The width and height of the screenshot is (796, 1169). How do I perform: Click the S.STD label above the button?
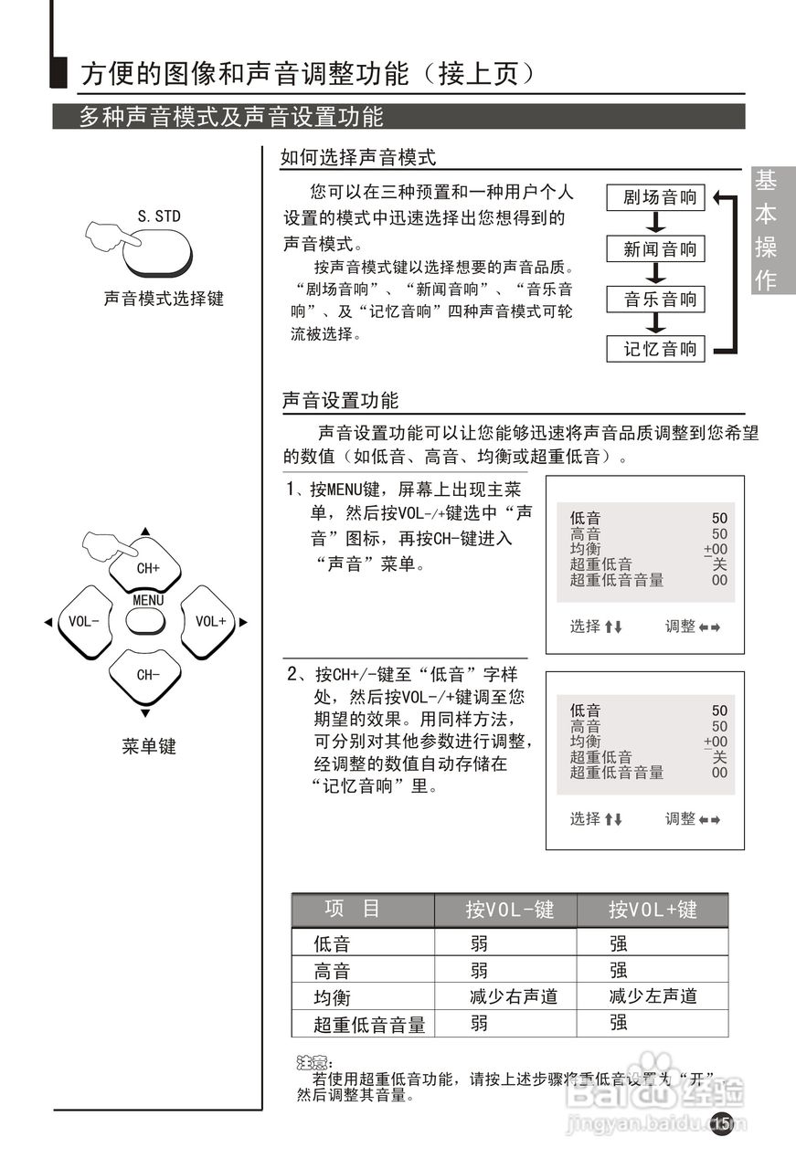click(159, 216)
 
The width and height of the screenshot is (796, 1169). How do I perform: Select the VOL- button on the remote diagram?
click(83, 621)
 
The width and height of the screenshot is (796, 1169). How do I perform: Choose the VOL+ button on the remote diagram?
click(210, 621)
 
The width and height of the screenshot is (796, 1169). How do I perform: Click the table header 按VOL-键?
click(508, 910)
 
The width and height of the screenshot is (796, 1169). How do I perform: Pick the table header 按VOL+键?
click(653, 910)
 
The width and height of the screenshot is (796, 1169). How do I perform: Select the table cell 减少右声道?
click(513, 996)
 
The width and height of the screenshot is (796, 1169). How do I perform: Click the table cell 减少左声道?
click(653, 996)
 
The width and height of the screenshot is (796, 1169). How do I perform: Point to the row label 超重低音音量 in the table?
click(369, 1025)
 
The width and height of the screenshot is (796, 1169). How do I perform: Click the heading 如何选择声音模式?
click(358, 157)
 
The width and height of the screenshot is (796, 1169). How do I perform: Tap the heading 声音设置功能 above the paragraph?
click(340, 400)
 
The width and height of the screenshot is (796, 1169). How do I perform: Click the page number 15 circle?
click(722, 1122)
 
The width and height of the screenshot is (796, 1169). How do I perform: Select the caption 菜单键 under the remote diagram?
click(148, 746)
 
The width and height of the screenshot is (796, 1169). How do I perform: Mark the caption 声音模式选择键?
click(164, 299)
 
